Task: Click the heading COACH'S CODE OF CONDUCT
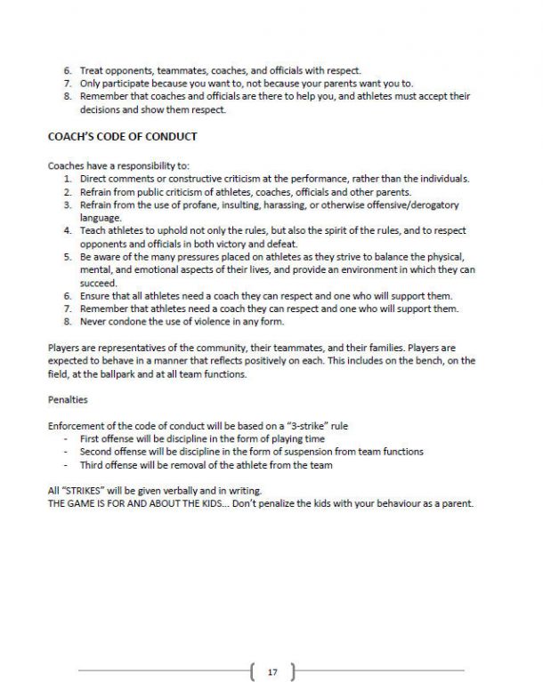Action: pyautogui.click(x=122, y=137)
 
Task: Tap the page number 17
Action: pyautogui.click(x=272, y=671)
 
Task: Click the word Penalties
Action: pyautogui.click(x=68, y=399)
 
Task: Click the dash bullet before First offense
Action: pyautogui.click(x=68, y=438)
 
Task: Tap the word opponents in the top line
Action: pyautogui.click(x=122, y=69)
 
